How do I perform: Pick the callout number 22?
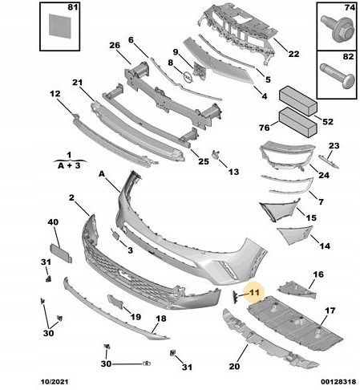(293, 55)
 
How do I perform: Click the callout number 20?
(234, 368)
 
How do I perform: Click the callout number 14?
(324, 246)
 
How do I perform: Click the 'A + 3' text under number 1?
(70, 165)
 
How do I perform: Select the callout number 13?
(233, 172)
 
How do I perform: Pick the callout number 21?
(77, 83)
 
